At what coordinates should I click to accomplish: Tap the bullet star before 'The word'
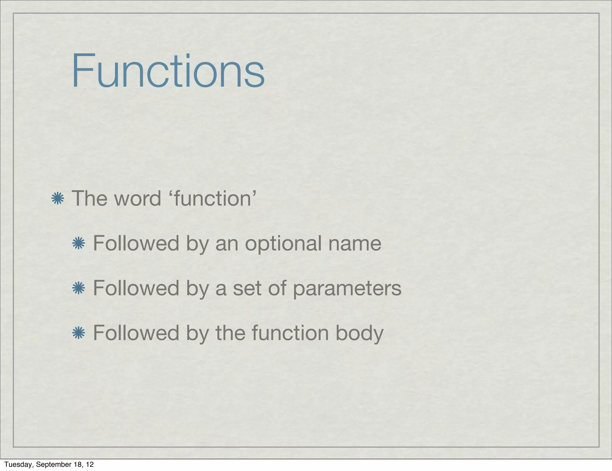[57, 199]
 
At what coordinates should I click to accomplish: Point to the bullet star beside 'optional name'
[79, 243]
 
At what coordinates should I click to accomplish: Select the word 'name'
[355, 243]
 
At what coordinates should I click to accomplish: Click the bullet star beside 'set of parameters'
[79, 288]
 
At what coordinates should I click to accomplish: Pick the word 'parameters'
[347, 289]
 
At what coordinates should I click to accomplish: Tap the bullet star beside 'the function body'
[79, 333]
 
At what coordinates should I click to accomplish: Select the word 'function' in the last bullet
[290, 333]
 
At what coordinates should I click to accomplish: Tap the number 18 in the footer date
[77, 464]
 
